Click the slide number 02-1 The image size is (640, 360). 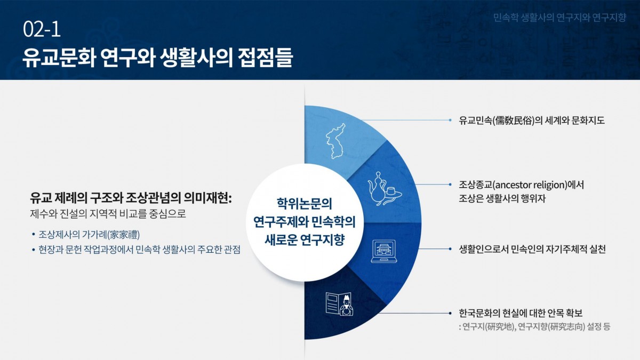point(42,29)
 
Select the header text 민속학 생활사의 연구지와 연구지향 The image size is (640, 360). point(559,18)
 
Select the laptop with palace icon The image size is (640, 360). point(383,251)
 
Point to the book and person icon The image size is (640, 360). point(339,304)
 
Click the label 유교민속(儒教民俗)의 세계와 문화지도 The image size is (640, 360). point(532,121)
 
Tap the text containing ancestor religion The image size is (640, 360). point(522,185)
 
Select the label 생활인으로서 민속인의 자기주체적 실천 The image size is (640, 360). point(532,250)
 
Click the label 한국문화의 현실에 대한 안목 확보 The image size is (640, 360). point(521,313)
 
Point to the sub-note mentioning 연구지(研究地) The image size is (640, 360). point(534,326)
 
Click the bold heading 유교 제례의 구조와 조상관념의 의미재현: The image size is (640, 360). point(131,198)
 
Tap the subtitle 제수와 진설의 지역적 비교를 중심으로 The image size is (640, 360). point(108,214)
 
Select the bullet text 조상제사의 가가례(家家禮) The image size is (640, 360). point(89,235)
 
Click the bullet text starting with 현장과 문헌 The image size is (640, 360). point(139,250)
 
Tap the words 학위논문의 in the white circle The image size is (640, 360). point(305,204)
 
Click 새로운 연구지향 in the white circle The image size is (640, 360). point(305,239)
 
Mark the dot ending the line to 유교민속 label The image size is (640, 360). point(450,121)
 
